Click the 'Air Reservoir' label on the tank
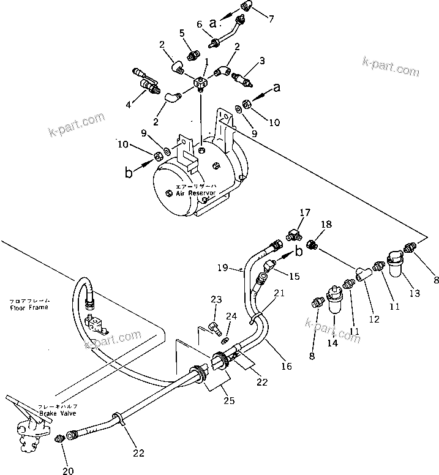[x=195, y=192]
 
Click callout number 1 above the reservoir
[x=206, y=61]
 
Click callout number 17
[x=304, y=214]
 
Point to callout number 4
[x=128, y=105]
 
